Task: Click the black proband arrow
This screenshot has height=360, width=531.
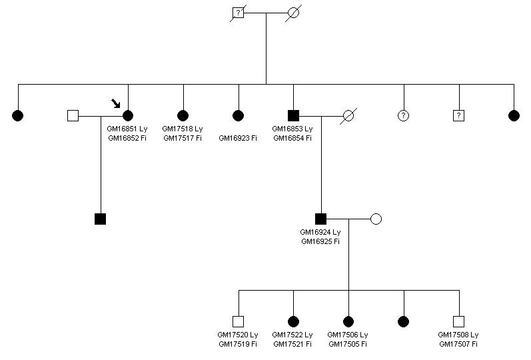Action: coord(117,103)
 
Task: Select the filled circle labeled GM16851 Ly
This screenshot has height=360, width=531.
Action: coord(128,115)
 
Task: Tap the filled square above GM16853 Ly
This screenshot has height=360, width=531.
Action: coord(293,115)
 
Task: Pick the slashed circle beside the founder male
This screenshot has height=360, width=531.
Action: coord(293,13)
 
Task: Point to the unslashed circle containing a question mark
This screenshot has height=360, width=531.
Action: coord(403,115)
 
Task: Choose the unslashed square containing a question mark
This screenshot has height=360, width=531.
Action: coord(458,115)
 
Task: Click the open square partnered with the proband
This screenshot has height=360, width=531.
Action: coord(73,115)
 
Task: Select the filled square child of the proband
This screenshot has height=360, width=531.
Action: coord(101,218)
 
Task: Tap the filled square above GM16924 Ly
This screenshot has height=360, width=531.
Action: coord(320,218)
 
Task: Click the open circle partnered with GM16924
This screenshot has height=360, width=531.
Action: coord(376,218)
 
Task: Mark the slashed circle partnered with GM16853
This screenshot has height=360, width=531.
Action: coord(348,115)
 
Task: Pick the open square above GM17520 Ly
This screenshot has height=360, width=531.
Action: coord(238,321)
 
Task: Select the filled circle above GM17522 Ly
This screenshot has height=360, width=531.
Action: coord(293,321)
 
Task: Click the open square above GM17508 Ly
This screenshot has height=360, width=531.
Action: coord(458,321)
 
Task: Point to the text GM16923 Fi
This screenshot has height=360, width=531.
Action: coord(238,138)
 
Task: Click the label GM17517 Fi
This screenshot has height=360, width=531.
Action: coord(183,138)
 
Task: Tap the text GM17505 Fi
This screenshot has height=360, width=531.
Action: coord(348,344)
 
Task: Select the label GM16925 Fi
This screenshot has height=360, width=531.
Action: coord(320,241)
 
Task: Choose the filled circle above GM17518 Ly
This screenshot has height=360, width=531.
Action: coord(183,115)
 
